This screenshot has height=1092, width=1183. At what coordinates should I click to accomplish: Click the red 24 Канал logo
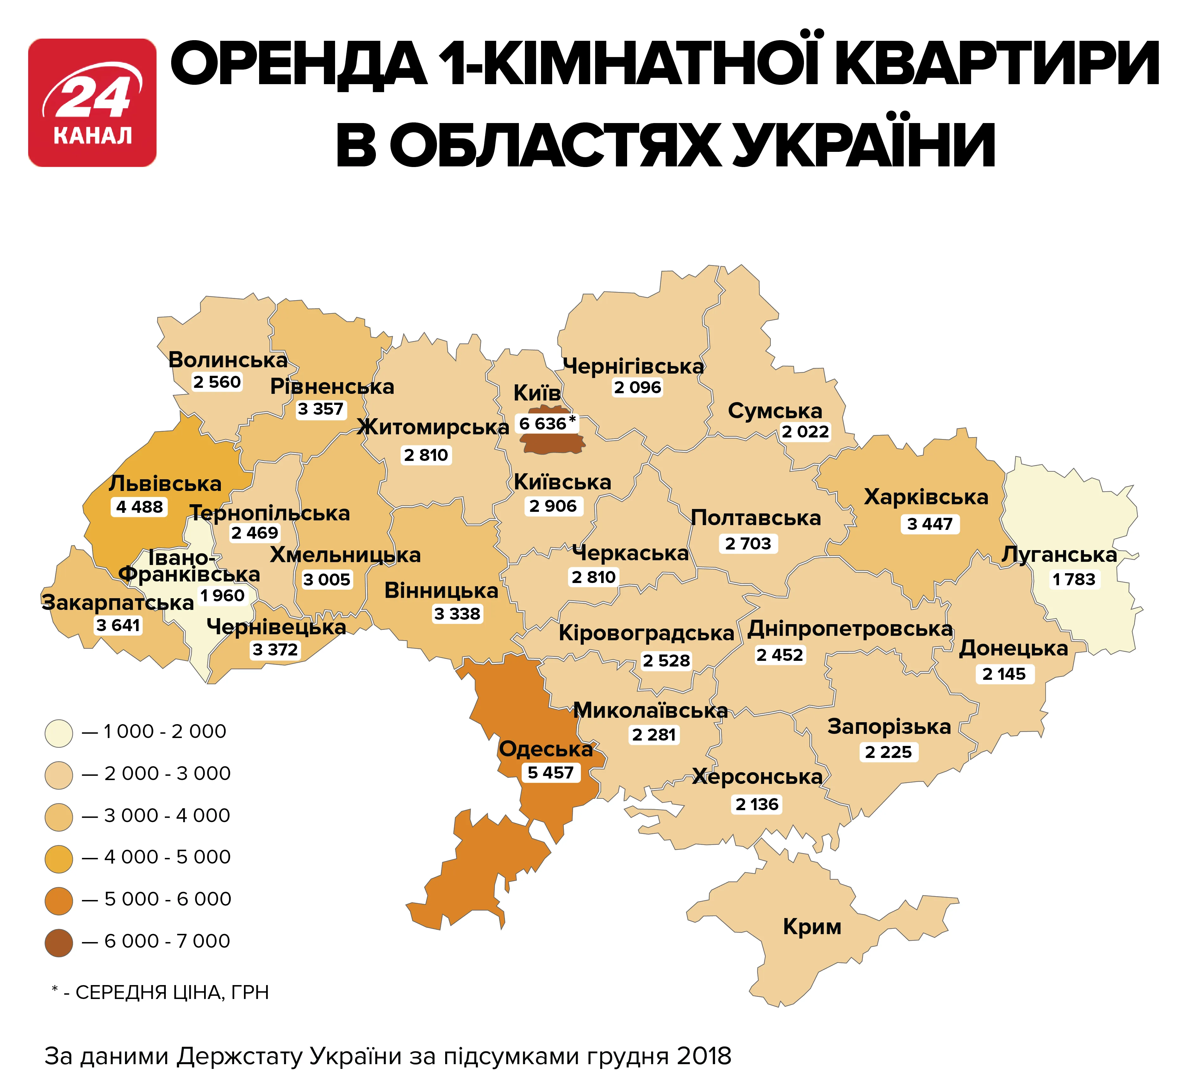(x=92, y=103)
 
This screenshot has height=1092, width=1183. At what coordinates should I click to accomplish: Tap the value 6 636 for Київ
(x=542, y=424)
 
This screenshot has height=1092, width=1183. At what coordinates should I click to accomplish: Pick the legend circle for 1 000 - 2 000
(x=59, y=733)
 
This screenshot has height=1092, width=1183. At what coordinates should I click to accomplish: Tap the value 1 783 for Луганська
(x=1074, y=579)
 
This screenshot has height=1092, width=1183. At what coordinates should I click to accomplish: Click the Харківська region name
(x=926, y=497)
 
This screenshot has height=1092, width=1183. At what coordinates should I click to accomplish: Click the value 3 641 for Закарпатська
(x=118, y=625)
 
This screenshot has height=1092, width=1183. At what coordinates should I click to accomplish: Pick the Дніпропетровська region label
(x=850, y=629)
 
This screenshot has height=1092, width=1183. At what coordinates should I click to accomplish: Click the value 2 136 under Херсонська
(x=757, y=804)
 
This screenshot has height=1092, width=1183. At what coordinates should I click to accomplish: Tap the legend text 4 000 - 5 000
(x=167, y=857)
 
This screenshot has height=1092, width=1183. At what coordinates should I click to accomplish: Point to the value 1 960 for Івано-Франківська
(x=222, y=596)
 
